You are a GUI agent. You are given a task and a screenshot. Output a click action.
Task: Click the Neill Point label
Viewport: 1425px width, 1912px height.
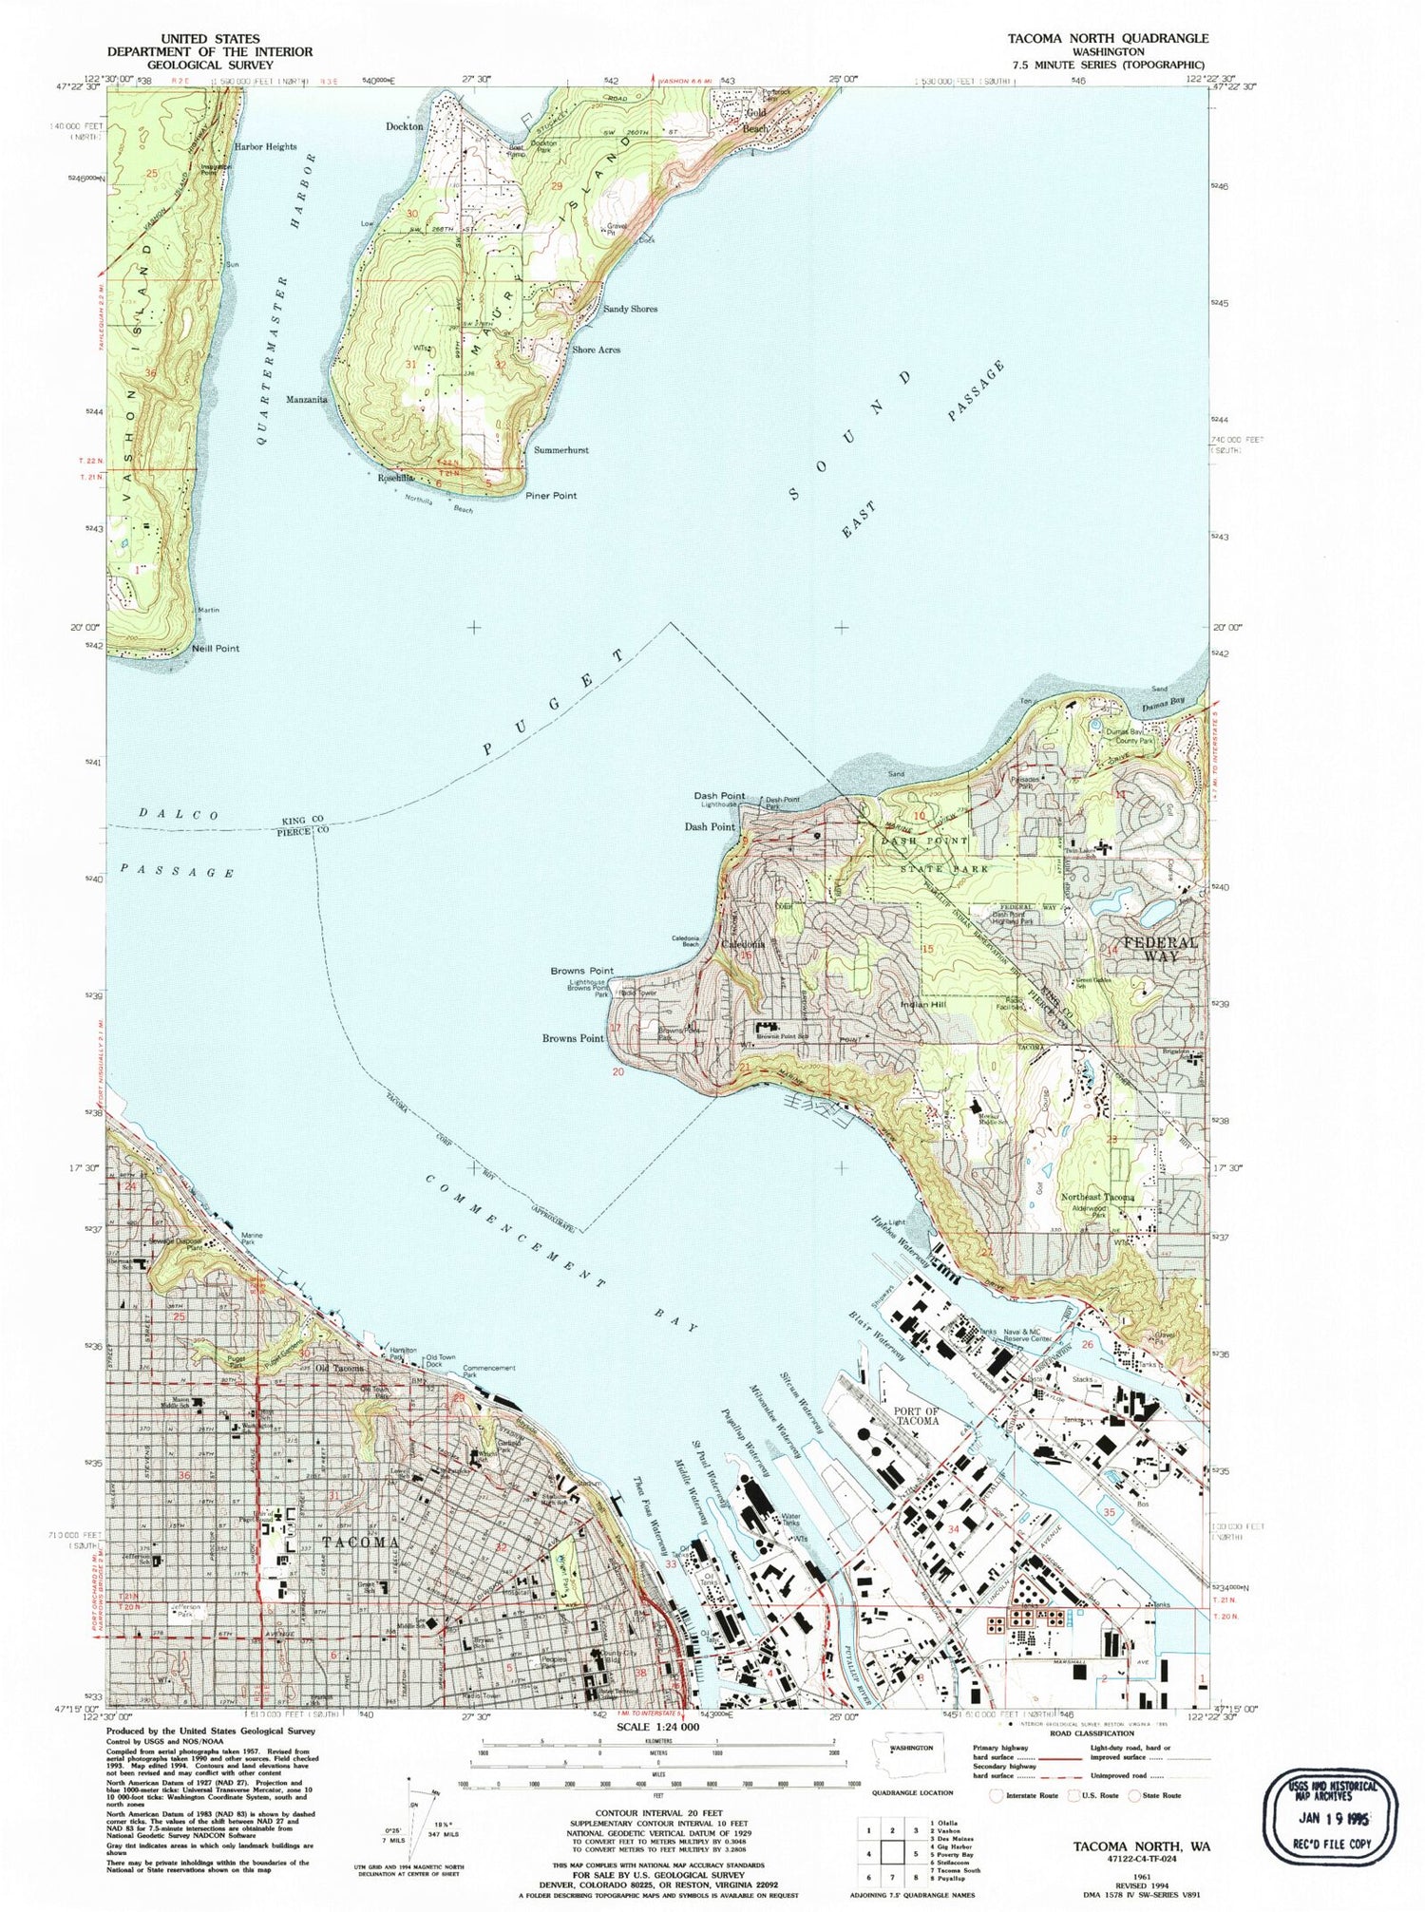216,649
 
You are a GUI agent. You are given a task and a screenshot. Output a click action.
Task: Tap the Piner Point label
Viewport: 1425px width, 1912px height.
551,496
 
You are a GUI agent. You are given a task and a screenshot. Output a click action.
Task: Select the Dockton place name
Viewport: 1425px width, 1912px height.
404,126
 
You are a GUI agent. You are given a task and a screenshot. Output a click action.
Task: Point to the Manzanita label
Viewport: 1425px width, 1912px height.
307,400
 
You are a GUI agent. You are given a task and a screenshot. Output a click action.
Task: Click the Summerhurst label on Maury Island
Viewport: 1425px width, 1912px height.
561,449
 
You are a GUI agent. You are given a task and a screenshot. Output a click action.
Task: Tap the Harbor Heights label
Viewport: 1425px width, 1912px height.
266,147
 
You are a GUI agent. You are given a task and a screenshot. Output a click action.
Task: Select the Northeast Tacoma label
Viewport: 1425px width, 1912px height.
1097,1198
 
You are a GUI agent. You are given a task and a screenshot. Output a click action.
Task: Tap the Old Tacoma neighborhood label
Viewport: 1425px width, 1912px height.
340,1368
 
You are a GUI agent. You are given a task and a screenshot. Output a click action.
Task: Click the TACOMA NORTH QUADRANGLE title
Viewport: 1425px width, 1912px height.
1101,38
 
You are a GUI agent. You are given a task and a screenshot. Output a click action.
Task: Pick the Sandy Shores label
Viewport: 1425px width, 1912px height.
630,310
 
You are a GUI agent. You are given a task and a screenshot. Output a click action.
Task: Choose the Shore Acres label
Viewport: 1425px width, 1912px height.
596,350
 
